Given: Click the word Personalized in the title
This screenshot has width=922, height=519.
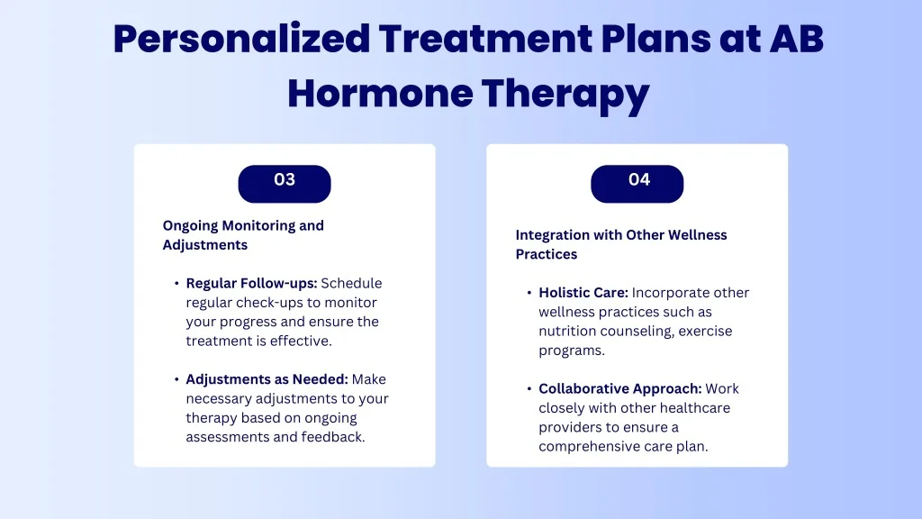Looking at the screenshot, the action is pyautogui.click(x=241, y=40).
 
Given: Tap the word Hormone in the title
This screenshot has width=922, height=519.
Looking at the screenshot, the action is pyautogui.click(x=380, y=93).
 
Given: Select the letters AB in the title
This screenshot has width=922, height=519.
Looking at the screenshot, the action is pyautogui.click(x=797, y=39).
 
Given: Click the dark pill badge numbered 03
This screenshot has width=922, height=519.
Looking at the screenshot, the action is pyautogui.click(x=285, y=184).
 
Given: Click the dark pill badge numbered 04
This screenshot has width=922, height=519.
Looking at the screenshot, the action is pyautogui.click(x=637, y=184).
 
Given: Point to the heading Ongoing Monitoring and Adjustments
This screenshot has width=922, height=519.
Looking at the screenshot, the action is pyautogui.click(x=243, y=235).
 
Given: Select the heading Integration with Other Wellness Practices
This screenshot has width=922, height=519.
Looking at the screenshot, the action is pyautogui.click(x=621, y=244).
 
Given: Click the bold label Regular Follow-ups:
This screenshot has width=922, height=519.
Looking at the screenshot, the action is pyautogui.click(x=252, y=283).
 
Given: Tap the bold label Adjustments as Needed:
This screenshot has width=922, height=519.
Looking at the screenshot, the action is pyautogui.click(x=267, y=379).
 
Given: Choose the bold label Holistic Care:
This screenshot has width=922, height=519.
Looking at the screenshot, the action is pyautogui.click(x=583, y=293).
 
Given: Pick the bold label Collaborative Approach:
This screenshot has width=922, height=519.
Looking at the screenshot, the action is pyautogui.click(x=619, y=389).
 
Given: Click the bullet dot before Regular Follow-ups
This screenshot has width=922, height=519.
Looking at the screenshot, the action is pyautogui.click(x=176, y=284).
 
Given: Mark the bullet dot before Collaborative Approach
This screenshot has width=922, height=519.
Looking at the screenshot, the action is pyautogui.click(x=529, y=389).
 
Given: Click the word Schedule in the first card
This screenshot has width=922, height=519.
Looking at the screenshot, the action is pyautogui.click(x=351, y=283).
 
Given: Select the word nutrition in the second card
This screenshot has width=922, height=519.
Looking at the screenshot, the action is pyautogui.click(x=566, y=331).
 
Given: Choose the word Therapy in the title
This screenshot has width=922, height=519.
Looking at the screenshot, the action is pyautogui.click(x=565, y=94).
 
